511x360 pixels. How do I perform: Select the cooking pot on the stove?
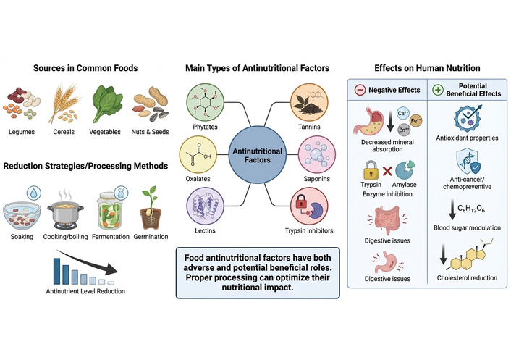67,205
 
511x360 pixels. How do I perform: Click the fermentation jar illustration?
109,202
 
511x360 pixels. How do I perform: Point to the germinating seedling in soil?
149,202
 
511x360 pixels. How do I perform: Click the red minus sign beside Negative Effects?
360,91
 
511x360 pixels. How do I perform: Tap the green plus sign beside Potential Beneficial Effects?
436,90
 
